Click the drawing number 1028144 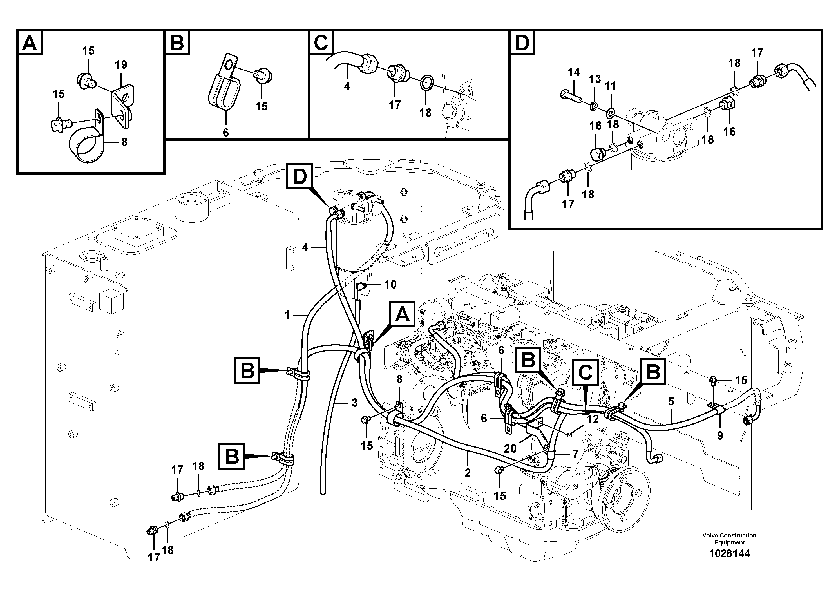(729, 554)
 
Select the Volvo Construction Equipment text (729, 539)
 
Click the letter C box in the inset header (321, 43)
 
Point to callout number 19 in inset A (121, 65)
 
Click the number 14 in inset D (574, 72)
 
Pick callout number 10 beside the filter (390, 285)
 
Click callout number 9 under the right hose (720, 436)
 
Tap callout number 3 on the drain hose (354, 403)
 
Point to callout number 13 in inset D (595, 79)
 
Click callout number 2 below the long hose (468, 473)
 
